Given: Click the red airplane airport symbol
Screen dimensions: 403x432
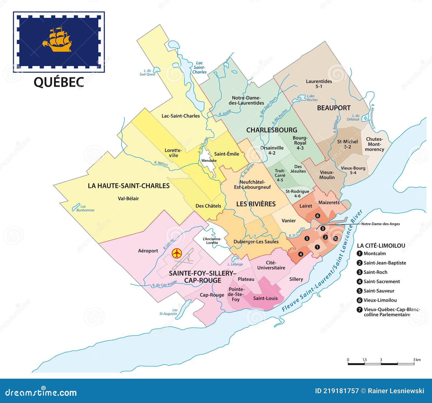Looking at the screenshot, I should click(177, 253).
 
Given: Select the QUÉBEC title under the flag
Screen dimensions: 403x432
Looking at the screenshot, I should click(59, 82).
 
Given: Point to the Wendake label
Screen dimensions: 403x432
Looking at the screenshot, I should click(209, 161).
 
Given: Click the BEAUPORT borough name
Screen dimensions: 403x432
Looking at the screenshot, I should click(334, 108).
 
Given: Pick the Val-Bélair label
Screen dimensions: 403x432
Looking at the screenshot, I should click(128, 199).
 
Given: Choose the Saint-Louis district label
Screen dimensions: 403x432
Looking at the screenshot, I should click(265, 298).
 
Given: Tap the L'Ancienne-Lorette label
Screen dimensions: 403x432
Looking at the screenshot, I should click(212, 241).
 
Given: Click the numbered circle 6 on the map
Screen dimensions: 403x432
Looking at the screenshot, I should click(318, 216).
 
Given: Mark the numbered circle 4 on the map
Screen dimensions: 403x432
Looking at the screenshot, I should click(301, 254).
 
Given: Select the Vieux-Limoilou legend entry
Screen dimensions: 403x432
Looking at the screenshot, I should click(380, 300).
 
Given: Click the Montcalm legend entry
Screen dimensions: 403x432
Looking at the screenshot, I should click(374, 254).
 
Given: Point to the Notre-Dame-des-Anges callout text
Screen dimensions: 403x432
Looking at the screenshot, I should click(380, 224).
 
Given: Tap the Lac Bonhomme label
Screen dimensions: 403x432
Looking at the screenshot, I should click(85, 208).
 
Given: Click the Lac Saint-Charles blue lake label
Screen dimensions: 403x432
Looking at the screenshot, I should click(199, 68).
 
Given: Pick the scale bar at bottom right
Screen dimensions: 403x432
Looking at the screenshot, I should click(381, 364).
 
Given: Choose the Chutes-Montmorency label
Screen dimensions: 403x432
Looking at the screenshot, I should click(374, 144).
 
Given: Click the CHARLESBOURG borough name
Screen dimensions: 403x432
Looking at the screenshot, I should click(272, 130).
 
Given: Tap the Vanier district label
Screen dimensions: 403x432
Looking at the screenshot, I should click(289, 221).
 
